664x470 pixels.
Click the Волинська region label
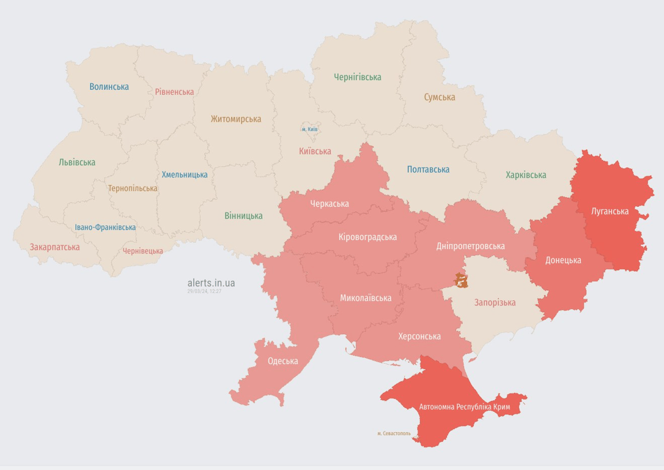point(109,86)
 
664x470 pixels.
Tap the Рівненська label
point(174,92)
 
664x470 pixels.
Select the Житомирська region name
point(235,119)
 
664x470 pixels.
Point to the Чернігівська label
point(357,77)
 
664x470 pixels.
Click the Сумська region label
point(439,97)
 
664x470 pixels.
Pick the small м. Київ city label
point(309,129)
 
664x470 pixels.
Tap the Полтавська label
point(428,170)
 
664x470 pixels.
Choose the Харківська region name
point(525,175)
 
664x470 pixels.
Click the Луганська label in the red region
point(610,211)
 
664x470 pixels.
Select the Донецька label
point(563,260)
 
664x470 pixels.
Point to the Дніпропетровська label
point(470,246)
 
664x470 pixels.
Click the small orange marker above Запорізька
point(461,281)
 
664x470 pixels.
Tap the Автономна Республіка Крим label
point(464,406)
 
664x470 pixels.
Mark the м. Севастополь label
point(394,433)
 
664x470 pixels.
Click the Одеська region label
point(282,361)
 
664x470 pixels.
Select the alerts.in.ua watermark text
point(211,283)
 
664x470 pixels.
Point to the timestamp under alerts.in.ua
point(204,291)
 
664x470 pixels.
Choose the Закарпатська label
point(54,247)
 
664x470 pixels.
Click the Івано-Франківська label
point(105,227)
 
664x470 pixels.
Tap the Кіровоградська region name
point(367,237)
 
